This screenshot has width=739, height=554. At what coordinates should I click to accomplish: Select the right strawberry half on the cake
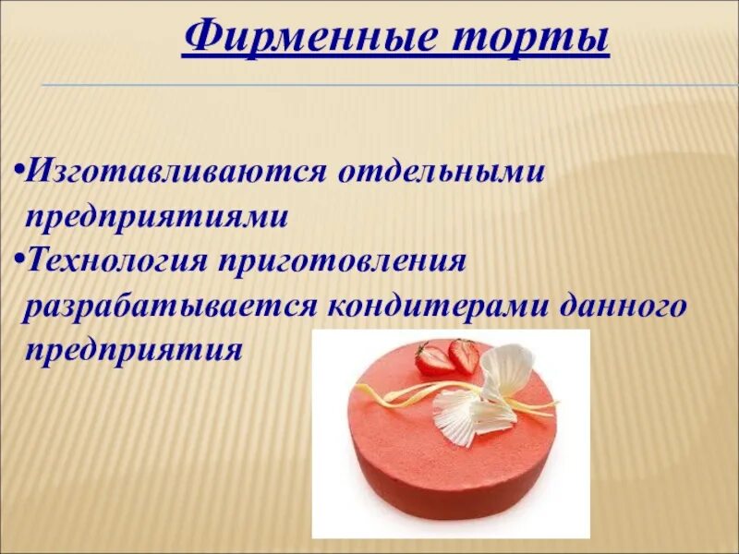click(465, 355)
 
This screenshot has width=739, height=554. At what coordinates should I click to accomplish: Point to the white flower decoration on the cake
click(480, 397)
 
